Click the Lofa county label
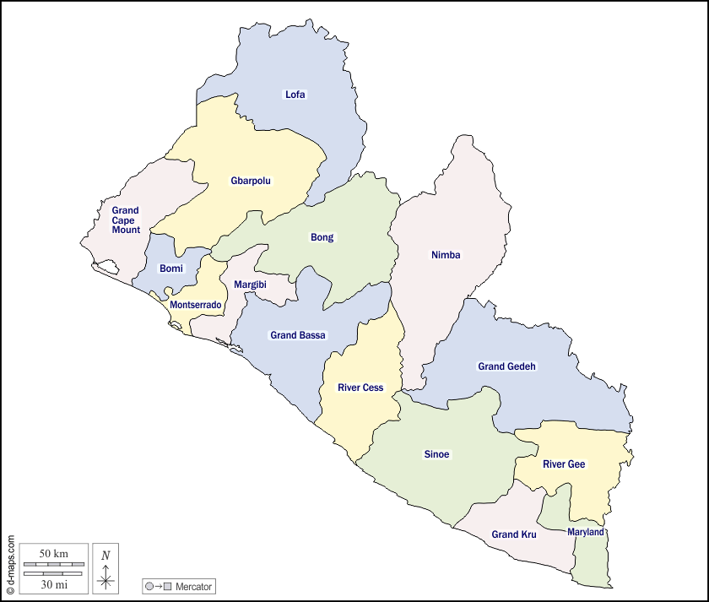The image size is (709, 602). coord(295,95)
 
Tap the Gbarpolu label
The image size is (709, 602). coord(251,181)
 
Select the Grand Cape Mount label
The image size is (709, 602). coord(125,220)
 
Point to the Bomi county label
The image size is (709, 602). coord(171,268)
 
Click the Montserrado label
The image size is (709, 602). coord(196,305)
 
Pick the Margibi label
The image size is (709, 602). coord(250,285)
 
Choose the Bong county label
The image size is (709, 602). coord(322,237)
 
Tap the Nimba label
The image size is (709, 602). coord(446,255)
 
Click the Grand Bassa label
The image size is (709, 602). coord(298,335)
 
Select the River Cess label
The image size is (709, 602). coord(360,388)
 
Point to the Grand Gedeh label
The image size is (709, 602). coord(506,366)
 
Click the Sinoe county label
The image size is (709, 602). coord(436,454)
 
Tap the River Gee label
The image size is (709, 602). coord(564,464)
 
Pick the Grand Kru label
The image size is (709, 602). coord(514,534)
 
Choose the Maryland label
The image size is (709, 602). coord(585,533)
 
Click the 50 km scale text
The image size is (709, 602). coord(54,553)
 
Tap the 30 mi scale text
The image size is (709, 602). coord(54,583)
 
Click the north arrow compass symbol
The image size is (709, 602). coord(106,568)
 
